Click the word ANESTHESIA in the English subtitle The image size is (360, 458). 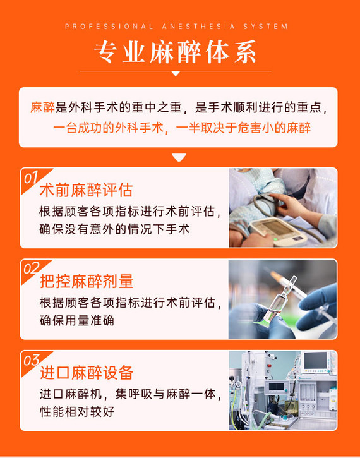coord(198,27)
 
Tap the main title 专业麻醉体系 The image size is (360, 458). coord(175,52)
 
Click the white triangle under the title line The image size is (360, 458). coord(176,74)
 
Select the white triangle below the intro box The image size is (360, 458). coord(179,157)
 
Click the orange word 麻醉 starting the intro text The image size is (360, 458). coord(42,107)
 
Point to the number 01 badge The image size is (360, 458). coord(31,178)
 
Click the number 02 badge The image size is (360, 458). coord(31,268)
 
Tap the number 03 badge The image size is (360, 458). coord(31,361)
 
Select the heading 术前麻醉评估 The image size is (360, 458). coord(87,190)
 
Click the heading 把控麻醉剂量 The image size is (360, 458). coord(87,282)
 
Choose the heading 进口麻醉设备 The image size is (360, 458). coord(87,373)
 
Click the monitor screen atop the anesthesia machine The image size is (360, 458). coord(315,361)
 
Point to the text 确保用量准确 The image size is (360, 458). coord(77,320)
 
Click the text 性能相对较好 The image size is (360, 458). coord(77,412)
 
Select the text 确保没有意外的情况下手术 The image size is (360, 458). coord(114,229)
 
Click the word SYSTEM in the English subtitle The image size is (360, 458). coord(265,27)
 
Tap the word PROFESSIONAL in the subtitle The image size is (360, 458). coord(109,27)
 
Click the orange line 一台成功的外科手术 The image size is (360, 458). coord(109,128)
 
